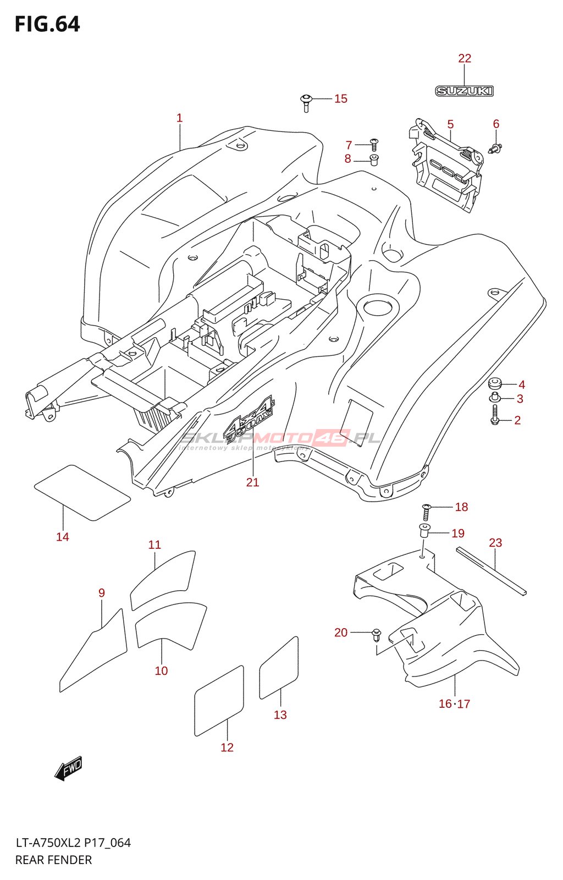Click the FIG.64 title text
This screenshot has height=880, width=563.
(47, 24)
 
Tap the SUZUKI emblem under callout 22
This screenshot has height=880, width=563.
(464, 91)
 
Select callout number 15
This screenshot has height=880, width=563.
(341, 98)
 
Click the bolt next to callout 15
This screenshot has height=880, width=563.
(306, 102)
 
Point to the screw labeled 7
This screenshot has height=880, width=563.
(374, 144)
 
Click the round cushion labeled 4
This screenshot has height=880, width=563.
(495, 383)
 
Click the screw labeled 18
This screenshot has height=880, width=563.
(426, 511)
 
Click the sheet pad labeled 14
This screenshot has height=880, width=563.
(82, 492)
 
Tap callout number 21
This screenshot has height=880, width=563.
(252, 482)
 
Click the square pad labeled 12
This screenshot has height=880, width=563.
(219, 701)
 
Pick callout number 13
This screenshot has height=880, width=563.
(280, 714)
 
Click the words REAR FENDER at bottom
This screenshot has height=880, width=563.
(53, 860)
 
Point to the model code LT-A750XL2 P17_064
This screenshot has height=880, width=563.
(73, 843)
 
